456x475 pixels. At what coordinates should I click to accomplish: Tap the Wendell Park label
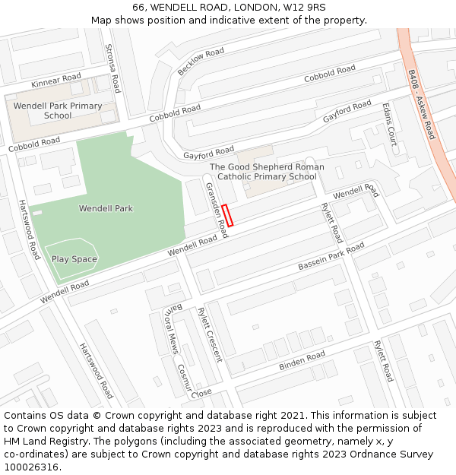coord(106,208)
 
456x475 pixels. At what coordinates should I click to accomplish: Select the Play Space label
coord(74,259)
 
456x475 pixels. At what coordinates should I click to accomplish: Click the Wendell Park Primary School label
coord(58,111)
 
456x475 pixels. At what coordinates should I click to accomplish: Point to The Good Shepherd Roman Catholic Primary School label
coord(267,172)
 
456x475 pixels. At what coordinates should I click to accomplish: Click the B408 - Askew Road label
coord(421,105)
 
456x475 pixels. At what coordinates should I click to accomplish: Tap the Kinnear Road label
coord(56,81)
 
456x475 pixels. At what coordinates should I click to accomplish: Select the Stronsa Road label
coord(112,68)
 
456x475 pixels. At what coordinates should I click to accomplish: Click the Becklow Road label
coord(201,61)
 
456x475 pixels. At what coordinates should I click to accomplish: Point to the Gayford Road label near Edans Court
coord(347,112)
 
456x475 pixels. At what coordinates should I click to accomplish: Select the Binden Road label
coord(302,361)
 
